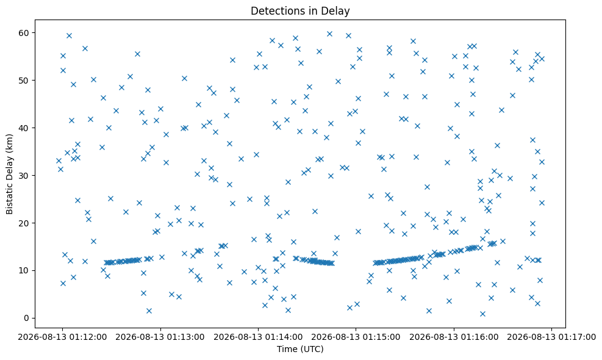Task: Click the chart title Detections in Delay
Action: (x=300, y=11)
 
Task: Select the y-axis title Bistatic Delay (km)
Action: (x=9, y=174)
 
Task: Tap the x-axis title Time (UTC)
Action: (x=300, y=349)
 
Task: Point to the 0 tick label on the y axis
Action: (x=27, y=318)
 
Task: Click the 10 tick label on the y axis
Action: (x=24, y=270)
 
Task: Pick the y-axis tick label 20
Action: (x=24, y=223)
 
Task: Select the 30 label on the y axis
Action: (x=24, y=176)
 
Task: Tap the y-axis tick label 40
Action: (x=24, y=128)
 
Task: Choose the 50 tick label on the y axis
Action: (x=24, y=81)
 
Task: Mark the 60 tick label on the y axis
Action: (x=24, y=33)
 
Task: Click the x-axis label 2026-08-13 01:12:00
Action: (x=63, y=337)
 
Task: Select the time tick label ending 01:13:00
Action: (x=160, y=337)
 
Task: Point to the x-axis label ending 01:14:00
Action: (x=258, y=337)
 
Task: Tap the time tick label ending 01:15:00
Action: (x=356, y=337)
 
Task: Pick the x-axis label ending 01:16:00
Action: (x=454, y=337)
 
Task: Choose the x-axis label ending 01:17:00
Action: (x=551, y=337)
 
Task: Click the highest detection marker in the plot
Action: (x=329, y=34)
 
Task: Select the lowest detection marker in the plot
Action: (x=482, y=314)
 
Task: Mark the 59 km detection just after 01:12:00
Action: (x=69, y=36)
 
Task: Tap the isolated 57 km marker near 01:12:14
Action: (x=85, y=48)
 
